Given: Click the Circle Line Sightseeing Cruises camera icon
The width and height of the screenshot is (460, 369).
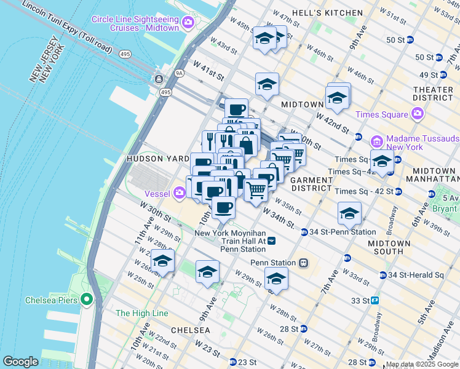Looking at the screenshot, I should [x=187, y=23].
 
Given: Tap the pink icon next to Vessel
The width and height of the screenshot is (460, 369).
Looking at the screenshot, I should [x=179, y=194].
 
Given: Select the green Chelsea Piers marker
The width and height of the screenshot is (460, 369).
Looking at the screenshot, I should [x=87, y=300].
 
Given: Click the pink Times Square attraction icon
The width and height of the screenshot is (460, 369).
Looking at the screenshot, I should [x=417, y=114].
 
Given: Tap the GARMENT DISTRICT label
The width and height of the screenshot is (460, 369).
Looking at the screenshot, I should [x=311, y=184].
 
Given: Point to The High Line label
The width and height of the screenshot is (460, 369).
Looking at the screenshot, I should [x=141, y=313].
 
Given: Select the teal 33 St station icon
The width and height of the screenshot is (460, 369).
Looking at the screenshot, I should [x=374, y=301].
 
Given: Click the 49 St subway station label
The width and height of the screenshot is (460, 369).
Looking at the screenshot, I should [x=424, y=75].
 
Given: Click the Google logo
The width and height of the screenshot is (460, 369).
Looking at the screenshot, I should [x=21, y=362].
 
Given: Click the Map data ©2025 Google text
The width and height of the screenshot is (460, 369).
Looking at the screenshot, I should [x=422, y=364].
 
